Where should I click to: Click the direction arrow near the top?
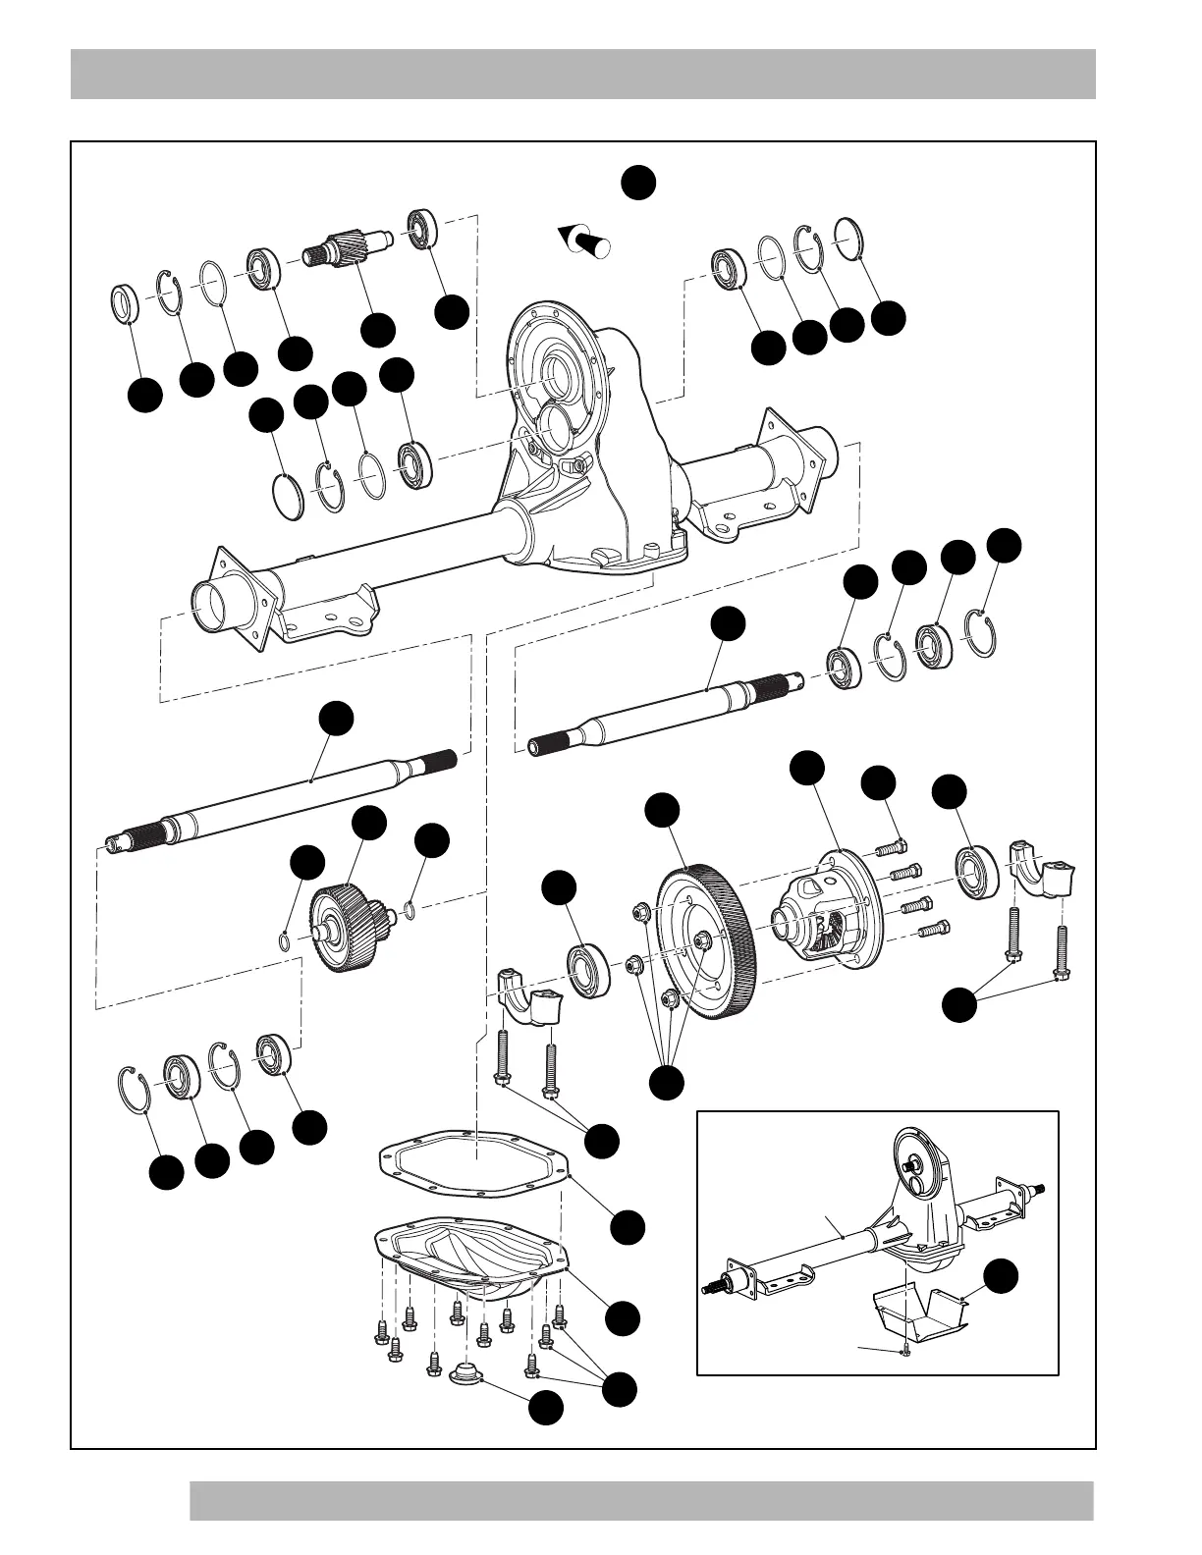pos(586,240)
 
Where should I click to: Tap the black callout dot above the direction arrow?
pos(638,183)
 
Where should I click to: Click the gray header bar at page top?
pos(583,75)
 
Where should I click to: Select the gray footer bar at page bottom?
pos(641,1501)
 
